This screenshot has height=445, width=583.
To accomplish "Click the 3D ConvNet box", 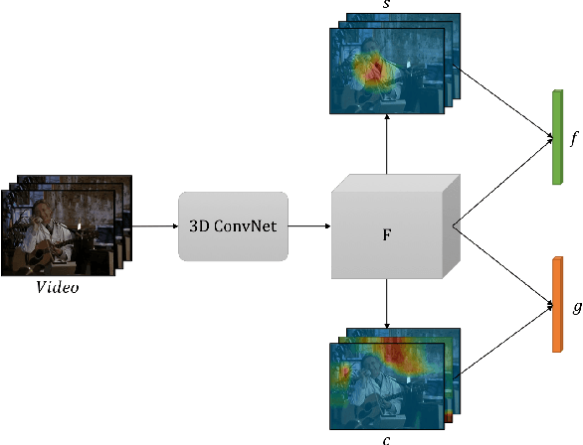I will click(233, 226).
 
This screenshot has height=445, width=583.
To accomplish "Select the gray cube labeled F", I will click(388, 233).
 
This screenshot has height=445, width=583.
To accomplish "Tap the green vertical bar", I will click(556, 137).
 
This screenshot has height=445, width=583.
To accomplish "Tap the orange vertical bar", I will click(556, 305).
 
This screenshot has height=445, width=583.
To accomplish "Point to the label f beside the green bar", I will click(573, 141).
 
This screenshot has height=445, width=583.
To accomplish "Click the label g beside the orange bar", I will click(575, 307).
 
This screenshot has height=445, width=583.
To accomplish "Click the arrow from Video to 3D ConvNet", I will click(154, 226).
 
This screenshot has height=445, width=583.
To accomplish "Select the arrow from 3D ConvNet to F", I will click(309, 226).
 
